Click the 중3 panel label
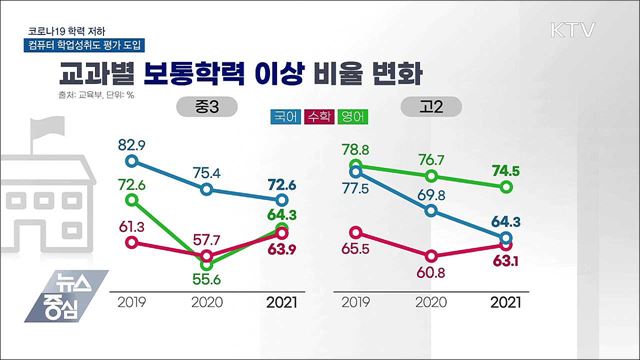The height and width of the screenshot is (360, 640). point(204,106)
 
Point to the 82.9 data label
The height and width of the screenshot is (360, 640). point(131,146)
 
